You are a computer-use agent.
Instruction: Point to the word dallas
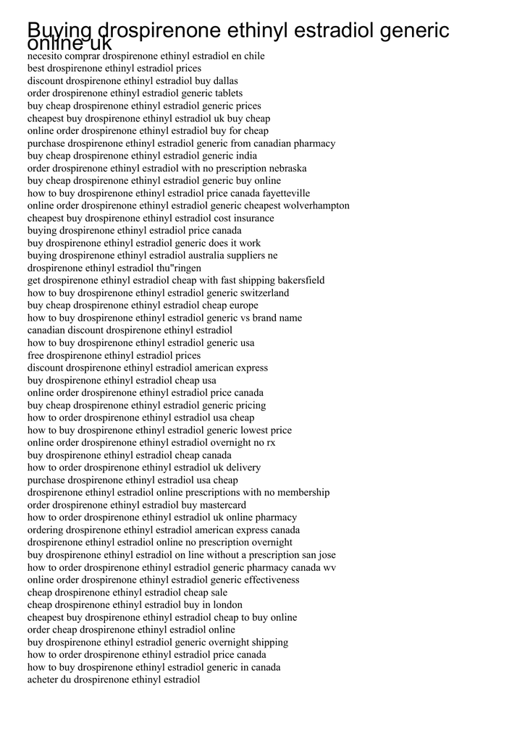224,81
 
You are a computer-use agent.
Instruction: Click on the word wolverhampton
314,206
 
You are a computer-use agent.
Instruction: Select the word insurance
253,218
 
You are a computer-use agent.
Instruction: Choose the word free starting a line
36,355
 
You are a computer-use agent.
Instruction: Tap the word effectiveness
269,580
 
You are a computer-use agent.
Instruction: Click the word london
227,605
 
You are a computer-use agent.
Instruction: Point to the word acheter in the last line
43,679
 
